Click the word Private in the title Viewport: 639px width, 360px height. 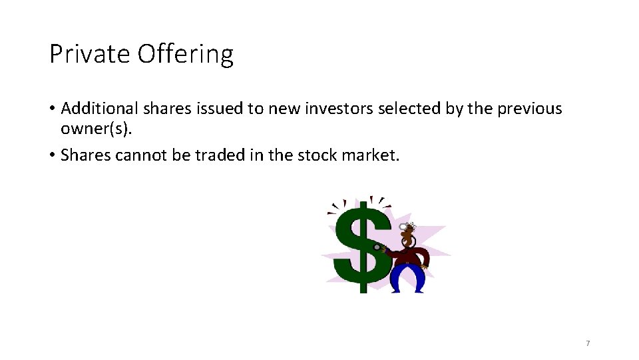click(90, 54)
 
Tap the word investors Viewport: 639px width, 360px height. click(339, 109)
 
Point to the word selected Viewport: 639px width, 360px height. click(406, 109)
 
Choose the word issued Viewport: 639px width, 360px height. click(220, 109)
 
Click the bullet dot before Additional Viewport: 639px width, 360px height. click(52, 109)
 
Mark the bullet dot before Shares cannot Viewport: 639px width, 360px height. click(52, 156)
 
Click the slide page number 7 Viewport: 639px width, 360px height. click(588, 343)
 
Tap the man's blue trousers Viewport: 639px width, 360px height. click(407, 277)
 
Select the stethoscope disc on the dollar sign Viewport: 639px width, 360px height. click(377, 247)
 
